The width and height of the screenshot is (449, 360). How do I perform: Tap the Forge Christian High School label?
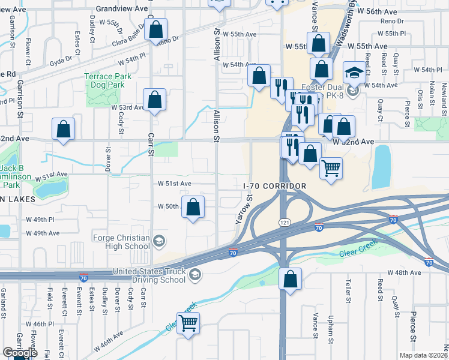[121, 241]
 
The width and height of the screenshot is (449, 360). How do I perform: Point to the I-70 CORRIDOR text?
[275, 187]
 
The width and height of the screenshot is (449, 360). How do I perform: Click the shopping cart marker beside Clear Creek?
[188, 323]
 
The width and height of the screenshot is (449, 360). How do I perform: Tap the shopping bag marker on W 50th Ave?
[193, 208]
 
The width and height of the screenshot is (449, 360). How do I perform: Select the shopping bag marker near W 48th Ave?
[290, 280]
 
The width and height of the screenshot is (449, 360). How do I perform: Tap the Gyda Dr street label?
[61, 60]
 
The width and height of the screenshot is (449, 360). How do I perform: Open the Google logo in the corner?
[20, 353]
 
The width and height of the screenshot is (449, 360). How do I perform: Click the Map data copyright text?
[423, 355]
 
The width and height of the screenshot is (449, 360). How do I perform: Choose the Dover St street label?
[109, 159]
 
